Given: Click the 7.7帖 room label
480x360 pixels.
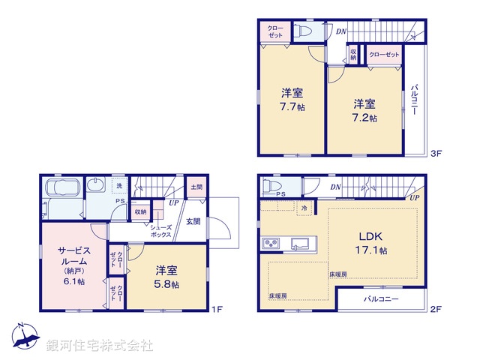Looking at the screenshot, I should click(292, 100).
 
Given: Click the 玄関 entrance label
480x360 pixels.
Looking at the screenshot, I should click(193, 221).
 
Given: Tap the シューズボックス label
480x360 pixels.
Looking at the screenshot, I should click(160, 230).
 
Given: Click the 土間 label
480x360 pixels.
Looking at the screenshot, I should click(196, 187).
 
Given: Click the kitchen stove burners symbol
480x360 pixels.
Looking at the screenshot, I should click(271, 244).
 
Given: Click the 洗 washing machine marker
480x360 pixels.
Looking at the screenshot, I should click(118, 185).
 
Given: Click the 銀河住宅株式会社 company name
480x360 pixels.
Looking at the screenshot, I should click(99, 346).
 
